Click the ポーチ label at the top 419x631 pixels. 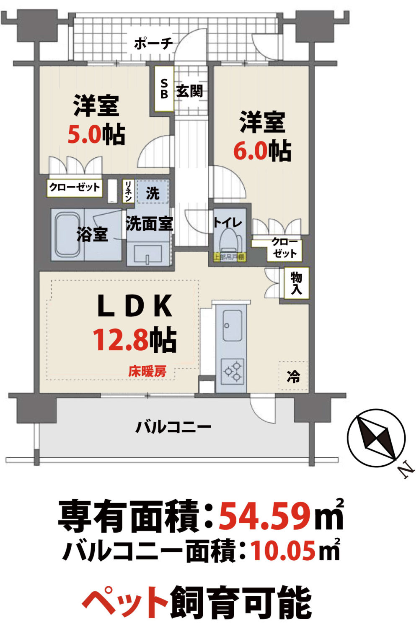[153, 44]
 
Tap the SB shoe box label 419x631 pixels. [164, 88]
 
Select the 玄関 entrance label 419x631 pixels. [189, 91]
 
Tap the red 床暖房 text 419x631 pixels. [147, 371]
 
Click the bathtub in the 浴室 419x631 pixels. [67, 235]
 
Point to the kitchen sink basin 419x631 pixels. [232, 326]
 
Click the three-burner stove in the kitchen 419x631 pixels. [233, 372]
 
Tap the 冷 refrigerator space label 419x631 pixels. [293, 376]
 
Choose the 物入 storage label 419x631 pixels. [296, 283]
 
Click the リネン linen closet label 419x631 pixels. [128, 191]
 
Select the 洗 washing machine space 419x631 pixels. [153, 192]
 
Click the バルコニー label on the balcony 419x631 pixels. [173, 427]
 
